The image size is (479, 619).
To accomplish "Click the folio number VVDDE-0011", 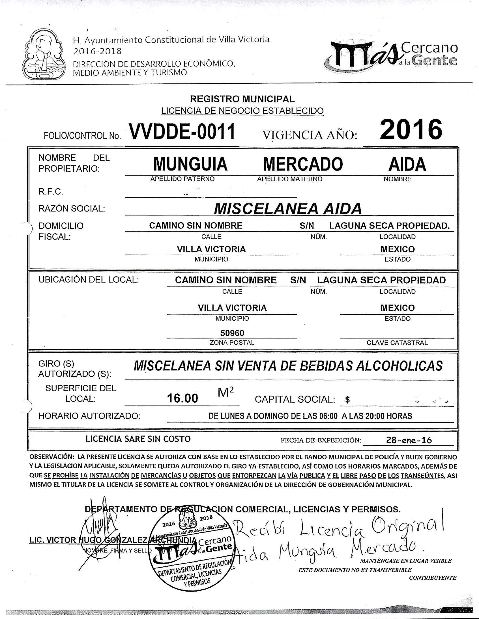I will point(182,132).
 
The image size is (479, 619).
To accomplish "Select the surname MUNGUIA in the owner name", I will point(190,164).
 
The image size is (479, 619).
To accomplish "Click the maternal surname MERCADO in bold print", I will point(303,164).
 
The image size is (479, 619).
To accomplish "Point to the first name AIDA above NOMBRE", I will point(407,164).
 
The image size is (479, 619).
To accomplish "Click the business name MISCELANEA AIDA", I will point(287,209).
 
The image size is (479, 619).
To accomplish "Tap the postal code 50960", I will point(232,333).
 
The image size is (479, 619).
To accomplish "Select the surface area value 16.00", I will point(182,398).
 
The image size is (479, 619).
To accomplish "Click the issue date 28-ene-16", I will point(409,440).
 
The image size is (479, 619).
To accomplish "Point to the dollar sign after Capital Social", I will point(347,400).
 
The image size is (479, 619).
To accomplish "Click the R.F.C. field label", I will point(51,192).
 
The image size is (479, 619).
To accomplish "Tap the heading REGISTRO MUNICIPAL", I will point(242,99).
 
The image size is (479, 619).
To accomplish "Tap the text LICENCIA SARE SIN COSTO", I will point(138,439).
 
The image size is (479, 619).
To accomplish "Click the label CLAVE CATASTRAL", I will point(397,343).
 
